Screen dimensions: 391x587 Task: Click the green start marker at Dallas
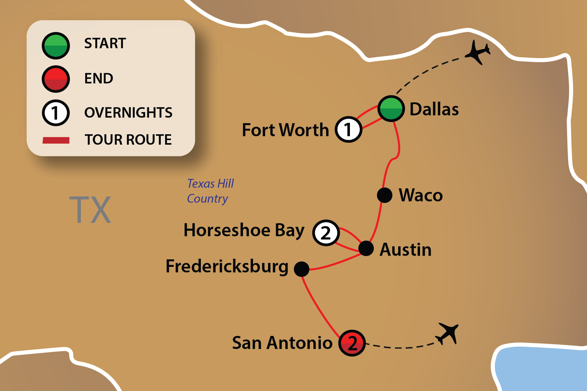coord(391,109)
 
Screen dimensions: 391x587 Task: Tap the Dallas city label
coord(434,109)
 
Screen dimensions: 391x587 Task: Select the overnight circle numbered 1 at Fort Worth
coord(348,129)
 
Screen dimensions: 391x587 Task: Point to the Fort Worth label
coord(285,130)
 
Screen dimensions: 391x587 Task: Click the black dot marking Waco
coord(384,195)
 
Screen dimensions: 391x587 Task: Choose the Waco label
coord(421,195)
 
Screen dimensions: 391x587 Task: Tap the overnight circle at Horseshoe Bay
coord(326,233)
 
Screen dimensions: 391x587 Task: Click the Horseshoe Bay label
coord(244,230)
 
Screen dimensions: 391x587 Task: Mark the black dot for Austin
coord(366,248)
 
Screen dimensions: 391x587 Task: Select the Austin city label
coord(405,250)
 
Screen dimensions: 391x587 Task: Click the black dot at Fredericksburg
coord(301,269)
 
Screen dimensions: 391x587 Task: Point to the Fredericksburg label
coord(227,267)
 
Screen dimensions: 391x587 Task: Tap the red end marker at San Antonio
coord(352,343)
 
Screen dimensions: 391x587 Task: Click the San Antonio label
coord(282,343)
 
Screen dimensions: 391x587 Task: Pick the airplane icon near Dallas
coord(477,52)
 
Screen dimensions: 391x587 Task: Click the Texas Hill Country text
coord(210,191)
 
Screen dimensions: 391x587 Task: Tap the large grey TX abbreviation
coord(90,210)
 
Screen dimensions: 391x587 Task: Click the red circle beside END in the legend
coord(56,79)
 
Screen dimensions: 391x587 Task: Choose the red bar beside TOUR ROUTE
coord(56,140)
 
